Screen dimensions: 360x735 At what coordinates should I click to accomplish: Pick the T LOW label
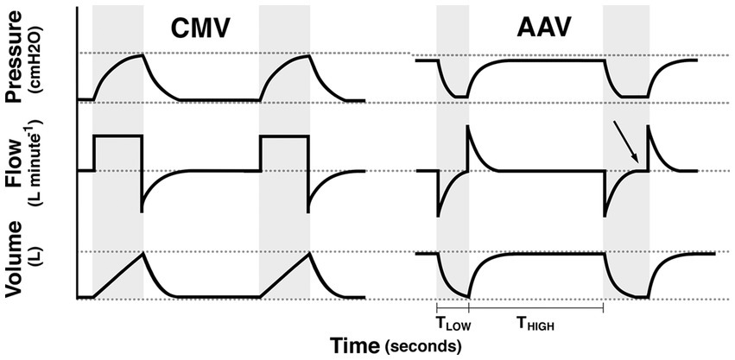coord(452,324)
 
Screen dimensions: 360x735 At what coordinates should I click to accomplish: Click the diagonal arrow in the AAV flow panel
coord(629,142)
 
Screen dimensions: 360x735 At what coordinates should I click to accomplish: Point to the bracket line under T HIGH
coord(535,307)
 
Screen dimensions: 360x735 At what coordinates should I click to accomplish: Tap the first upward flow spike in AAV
coord(467,129)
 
